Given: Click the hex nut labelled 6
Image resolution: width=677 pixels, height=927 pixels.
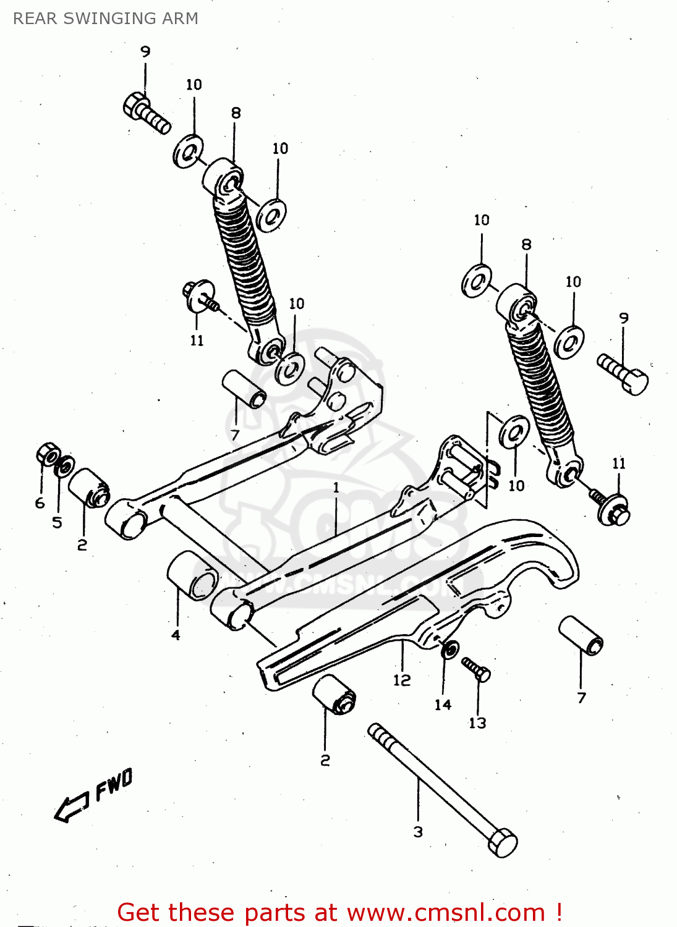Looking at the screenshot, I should pyautogui.click(x=47, y=455).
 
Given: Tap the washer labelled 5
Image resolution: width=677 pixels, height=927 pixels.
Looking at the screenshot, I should pyautogui.click(x=64, y=467).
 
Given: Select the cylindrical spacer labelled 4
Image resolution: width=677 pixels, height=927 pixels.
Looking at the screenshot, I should pyautogui.click(x=192, y=575).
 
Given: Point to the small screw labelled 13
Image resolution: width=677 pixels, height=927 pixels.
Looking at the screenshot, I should pyautogui.click(x=476, y=669).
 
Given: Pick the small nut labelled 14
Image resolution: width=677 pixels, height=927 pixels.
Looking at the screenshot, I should pyautogui.click(x=449, y=650).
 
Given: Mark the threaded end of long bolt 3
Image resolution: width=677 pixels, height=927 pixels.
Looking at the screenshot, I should pyautogui.click(x=378, y=734).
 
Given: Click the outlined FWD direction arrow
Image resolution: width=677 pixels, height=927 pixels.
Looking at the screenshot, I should pyautogui.click(x=71, y=807).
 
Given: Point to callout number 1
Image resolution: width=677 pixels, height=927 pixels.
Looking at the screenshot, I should pyautogui.click(x=336, y=488).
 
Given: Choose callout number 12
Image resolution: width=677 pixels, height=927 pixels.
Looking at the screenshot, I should pyautogui.click(x=402, y=680).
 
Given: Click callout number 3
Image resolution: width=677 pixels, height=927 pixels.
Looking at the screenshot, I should pyautogui.click(x=418, y=832).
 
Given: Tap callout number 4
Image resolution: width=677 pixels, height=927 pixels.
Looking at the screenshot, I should pyautogui.click(x=176, y=635).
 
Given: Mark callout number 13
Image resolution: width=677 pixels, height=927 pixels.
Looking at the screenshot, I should pyautogui.click(x=477, y=723).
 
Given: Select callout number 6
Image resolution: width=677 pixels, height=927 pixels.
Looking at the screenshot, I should pyautogui.click(x=40, y=503).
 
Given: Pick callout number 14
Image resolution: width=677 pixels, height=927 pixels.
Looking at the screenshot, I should pyautogui.click(x=443, y=705).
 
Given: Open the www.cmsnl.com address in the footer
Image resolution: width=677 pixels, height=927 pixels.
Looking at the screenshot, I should pyautogui.click(x=446, y=913).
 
